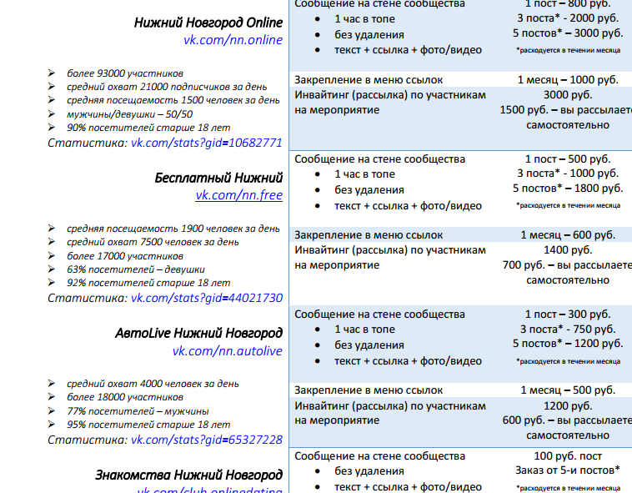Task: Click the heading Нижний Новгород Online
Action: tap(208, 23)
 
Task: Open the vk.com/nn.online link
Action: tap(233, 40)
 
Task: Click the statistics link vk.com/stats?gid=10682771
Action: tap(207, 143)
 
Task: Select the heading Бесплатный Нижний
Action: tap(218, 178)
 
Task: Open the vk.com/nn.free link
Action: tap(238, 195)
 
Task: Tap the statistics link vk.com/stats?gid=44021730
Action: tap(207, 297)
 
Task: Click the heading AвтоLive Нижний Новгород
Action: tap(198, 333)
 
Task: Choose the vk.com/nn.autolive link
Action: tap(227, 350)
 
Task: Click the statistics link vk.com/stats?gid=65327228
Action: tap(207, 440)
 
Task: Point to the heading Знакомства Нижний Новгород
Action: tap(188, 475)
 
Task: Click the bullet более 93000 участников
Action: tap(125, 73)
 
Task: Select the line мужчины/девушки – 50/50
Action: tap(130, 113)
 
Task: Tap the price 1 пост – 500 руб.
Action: tap(567, 158)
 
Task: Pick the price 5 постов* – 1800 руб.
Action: tap(567, 189)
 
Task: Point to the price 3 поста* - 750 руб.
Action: tap(567, 329)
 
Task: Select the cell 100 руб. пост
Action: tap(567, 455)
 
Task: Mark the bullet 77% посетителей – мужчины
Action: tap(138, 412)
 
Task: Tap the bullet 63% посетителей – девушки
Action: tap(136, 269)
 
